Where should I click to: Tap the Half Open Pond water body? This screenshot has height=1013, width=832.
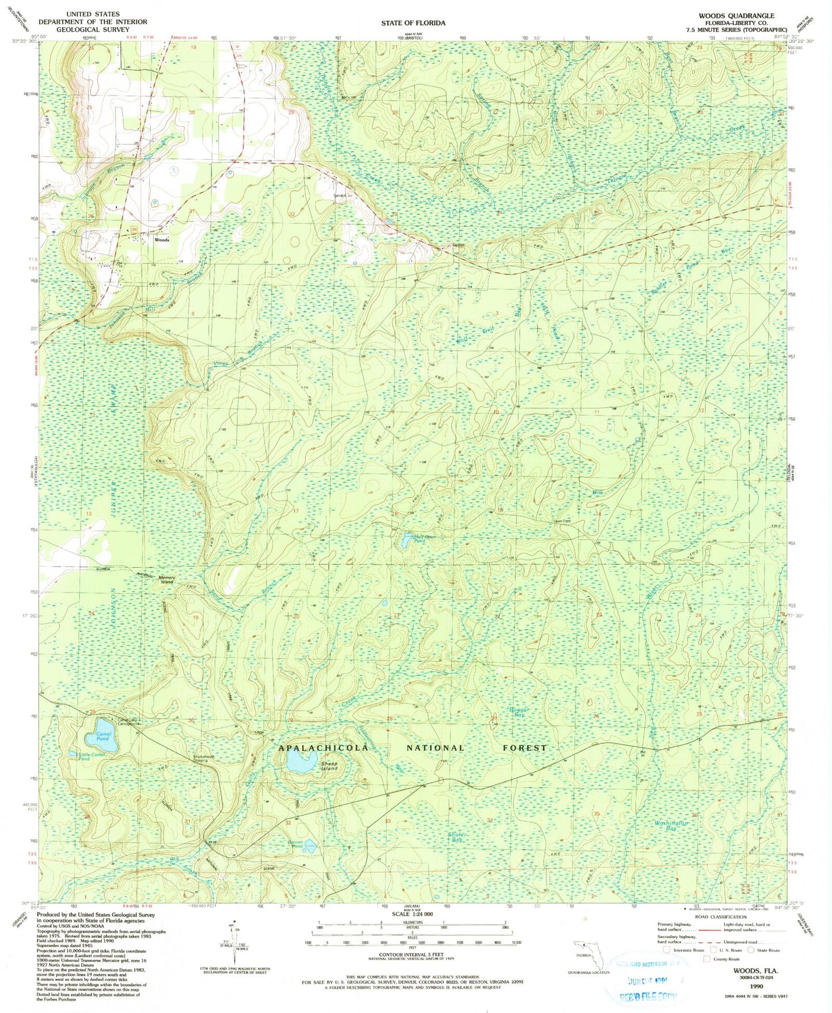[x=406, y=540]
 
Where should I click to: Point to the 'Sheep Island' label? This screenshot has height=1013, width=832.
[x=329, y=766]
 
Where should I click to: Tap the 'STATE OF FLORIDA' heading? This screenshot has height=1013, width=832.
[x=413, y=23]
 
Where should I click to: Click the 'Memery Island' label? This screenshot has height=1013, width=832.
[x=166, y=579]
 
